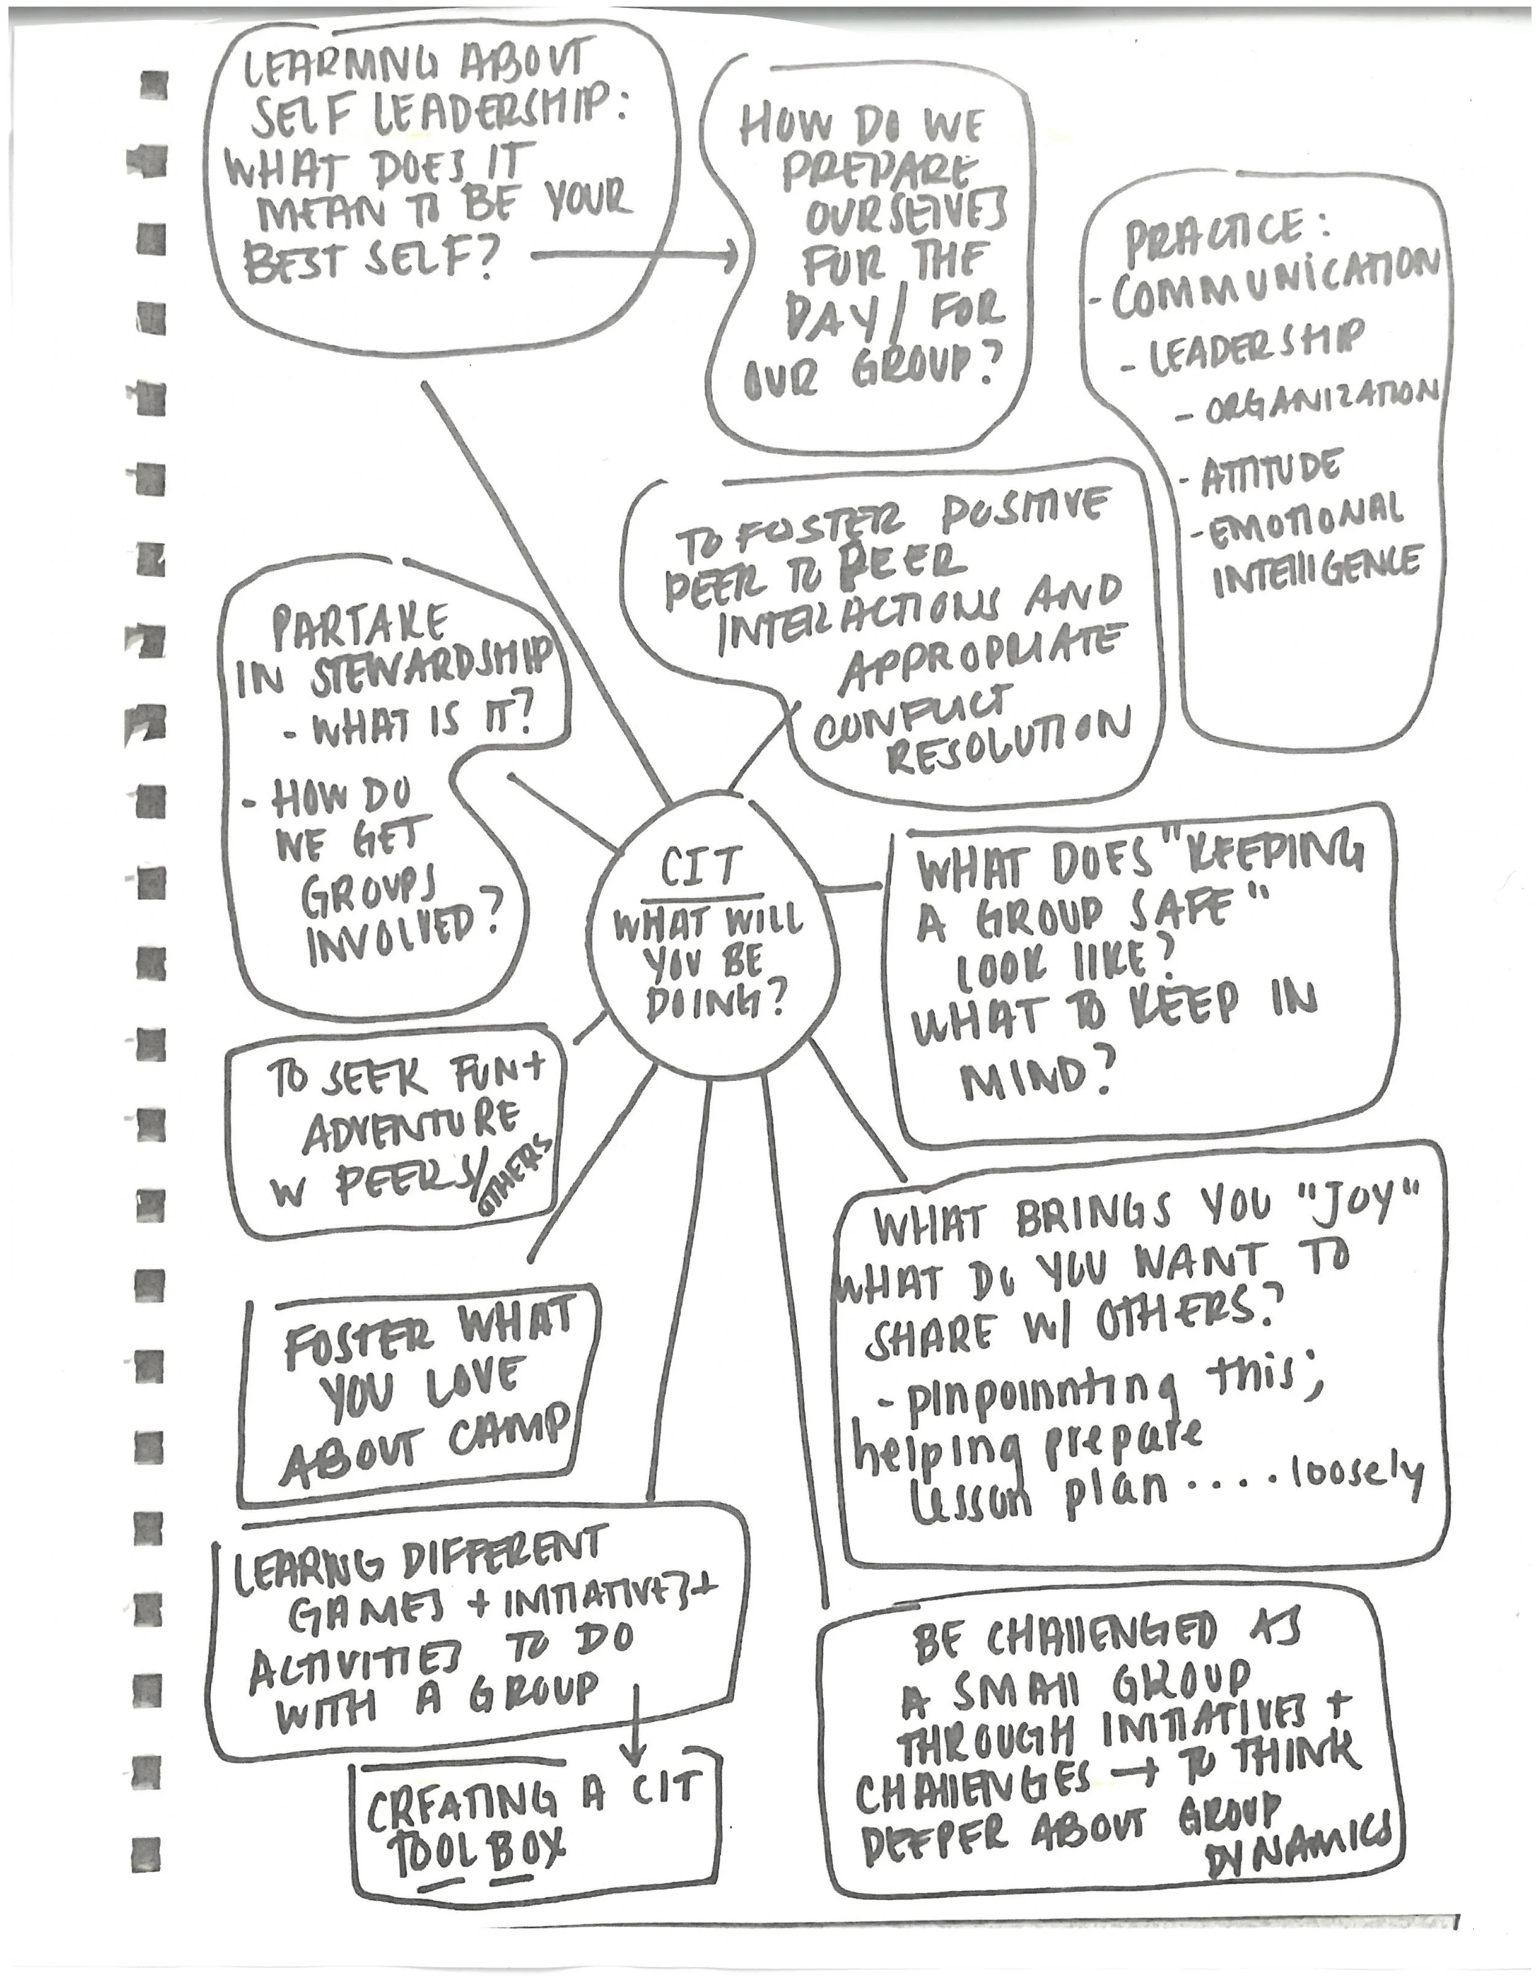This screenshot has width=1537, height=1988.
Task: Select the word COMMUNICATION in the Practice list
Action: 1274,278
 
